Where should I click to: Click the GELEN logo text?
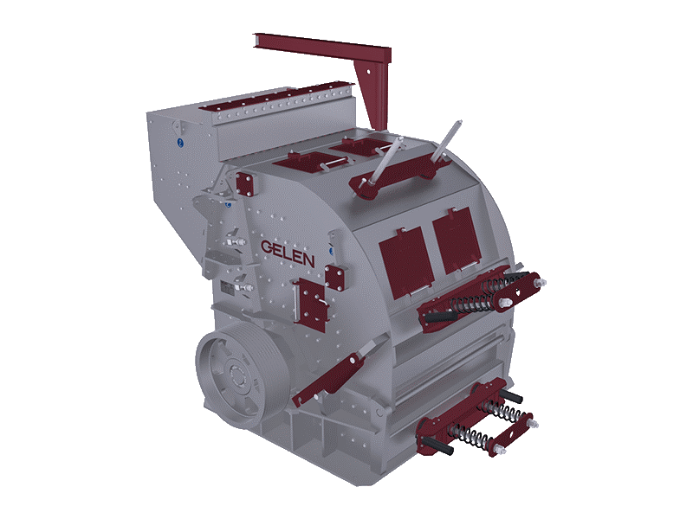point(288,253)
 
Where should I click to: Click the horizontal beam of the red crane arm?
point(322,48)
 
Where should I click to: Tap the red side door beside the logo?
point(310,304)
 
